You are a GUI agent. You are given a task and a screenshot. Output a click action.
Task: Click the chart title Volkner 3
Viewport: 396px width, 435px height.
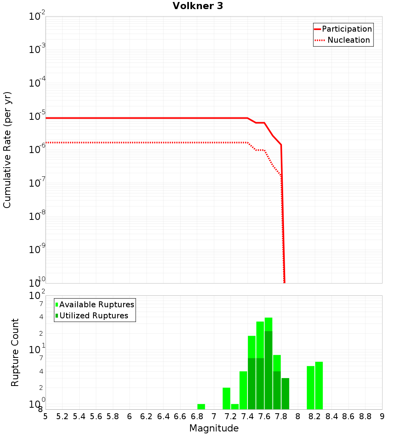point(198,6)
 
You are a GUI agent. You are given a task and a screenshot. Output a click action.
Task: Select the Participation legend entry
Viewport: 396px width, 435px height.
point(343,29)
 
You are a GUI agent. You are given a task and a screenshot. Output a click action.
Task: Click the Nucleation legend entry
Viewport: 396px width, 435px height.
point(343,40)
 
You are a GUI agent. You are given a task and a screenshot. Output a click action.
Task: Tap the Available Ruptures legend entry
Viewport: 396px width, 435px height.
point(95,304)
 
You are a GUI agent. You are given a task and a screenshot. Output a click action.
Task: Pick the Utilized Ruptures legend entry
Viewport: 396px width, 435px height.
point(92,316)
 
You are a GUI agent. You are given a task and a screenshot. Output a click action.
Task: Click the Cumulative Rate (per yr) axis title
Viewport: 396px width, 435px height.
point(7,149)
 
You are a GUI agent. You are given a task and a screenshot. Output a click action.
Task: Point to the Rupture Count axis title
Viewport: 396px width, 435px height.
point(15,352)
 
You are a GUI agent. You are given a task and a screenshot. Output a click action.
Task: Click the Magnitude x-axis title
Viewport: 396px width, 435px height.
point(214,428)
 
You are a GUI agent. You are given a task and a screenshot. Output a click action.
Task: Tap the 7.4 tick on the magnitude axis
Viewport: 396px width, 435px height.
point(247,416)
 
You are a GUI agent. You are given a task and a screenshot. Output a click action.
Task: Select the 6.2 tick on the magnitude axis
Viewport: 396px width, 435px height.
point(147,416)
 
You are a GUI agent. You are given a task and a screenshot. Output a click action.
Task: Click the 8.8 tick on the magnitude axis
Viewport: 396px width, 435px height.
point(365,416)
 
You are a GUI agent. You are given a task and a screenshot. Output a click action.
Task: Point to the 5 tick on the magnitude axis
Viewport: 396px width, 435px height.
point(46,416)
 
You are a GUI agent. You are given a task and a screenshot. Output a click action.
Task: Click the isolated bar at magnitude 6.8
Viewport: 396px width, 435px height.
point(201,407)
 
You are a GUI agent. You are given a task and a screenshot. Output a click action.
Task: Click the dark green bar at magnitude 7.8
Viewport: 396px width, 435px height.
point(285,393)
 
